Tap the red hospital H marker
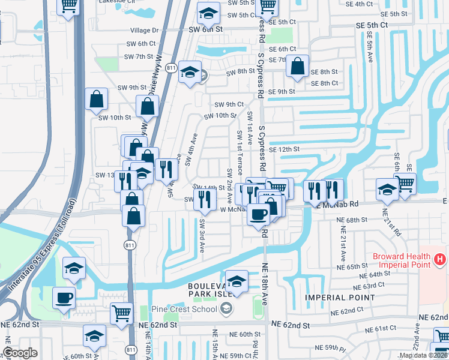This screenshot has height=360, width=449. [x=440, y=259]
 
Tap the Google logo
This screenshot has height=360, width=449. [x=20, y=353]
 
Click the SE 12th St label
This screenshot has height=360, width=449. [x=284, y=149]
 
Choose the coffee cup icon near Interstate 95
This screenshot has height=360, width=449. [x=63, y=297]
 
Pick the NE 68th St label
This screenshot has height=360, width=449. [x=353, y=220]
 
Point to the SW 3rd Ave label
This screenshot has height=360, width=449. [x=202, y=235]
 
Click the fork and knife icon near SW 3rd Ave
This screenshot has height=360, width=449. [x=205, y=200]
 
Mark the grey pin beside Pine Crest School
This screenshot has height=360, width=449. [x=226, y=309]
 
